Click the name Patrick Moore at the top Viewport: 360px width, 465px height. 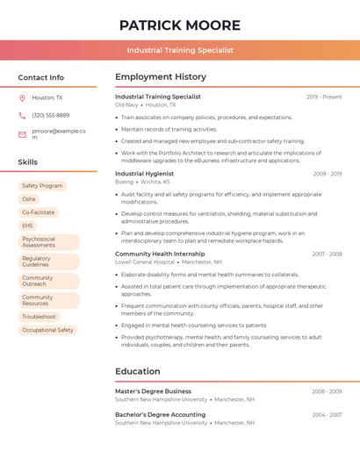pyautogui.click(x=179, y=25)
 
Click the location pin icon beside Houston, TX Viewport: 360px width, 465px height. pyautogui.click(x=22, y=98)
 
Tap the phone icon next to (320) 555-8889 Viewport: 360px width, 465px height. pyautogui.click(x=22, y=115)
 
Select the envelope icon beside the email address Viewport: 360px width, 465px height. pyautogui.click(x=22, y=134)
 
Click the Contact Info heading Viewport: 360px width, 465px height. pyautogui.click(x=41, y=77)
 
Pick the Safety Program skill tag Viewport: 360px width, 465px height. pyautogui.click(x=42, y=186)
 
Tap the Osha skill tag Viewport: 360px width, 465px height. pyautogui.click(x=29, y=199)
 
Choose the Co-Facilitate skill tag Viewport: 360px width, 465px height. pyautogui.click(x=38, y=212)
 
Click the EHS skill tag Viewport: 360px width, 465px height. pyautogui.click(x=28, y=225)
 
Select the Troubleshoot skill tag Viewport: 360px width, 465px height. pyautogui.click(x=39, y=317)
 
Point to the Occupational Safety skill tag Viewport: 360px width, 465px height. pyautogui.click(x=47, y=330)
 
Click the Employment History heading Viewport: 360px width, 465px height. pyautogui.click(x=161, y=77)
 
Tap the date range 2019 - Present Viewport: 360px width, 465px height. pyautogui.click(x=324, y=97)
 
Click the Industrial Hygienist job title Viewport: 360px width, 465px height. pyautogui.click(x=145, y=174)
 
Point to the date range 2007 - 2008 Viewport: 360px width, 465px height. pyautogui.click(x=327, y=254)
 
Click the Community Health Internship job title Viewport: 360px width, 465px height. pyautogui.click(x=160, y=254)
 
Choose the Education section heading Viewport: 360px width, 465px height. pyautogui.click(x=138, y=371)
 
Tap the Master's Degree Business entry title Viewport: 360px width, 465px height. pyautogui.click(x=153, y=391)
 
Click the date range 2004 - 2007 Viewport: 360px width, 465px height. pyautogui.click(x=327, y=414)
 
